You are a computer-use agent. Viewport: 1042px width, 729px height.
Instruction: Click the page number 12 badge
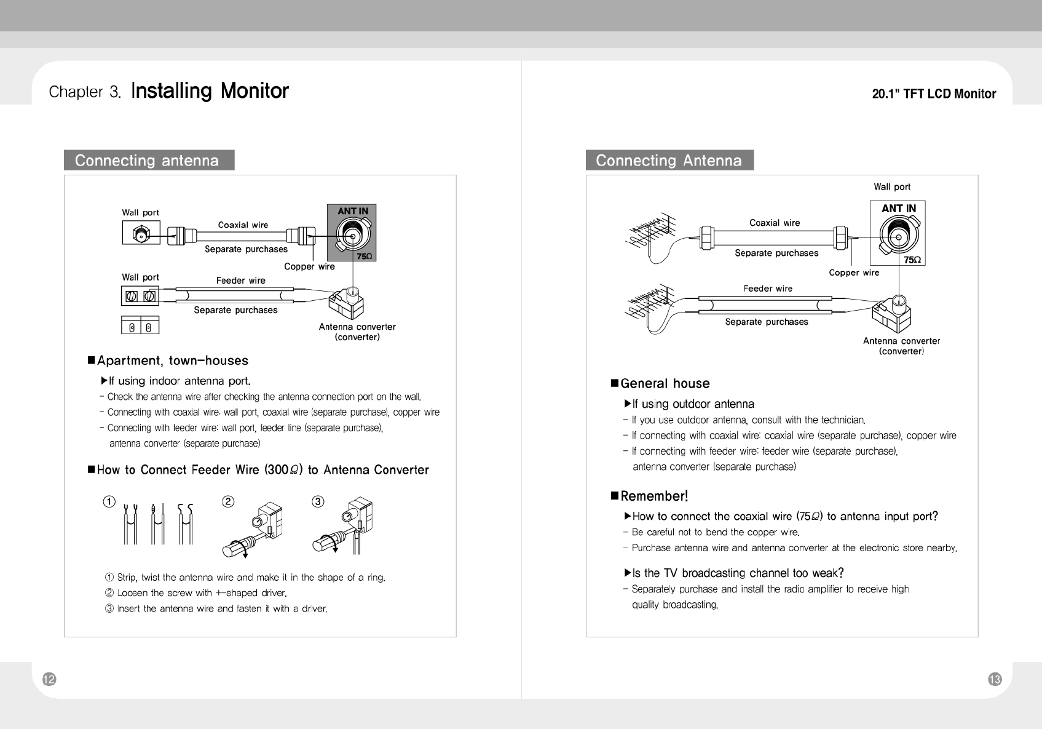[x=49, y=679]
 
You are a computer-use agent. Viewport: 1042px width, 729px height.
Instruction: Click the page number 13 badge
[x=995, y=679]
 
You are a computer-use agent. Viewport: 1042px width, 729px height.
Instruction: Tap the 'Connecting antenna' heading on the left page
[x=148, y=161]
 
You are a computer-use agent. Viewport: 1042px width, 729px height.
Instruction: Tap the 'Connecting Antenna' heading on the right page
[x=669, y=161]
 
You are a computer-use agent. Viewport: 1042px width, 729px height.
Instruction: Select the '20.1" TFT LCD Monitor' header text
[x=934, y=94]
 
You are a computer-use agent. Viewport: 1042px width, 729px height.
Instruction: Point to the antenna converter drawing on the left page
[x=346, y=301]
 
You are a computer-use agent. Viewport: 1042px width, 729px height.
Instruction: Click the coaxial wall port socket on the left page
[x=141, y=234]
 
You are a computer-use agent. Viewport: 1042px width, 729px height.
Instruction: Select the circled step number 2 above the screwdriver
[x=228, y=501]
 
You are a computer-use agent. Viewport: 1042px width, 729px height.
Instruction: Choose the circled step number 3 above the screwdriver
[x=318, y=501]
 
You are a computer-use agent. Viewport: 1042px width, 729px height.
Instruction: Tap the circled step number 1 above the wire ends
[x=109, y=501]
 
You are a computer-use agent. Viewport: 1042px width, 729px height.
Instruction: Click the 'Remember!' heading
[x=654, y=496]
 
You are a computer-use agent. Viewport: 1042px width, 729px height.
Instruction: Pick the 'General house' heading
[x=665, y=384]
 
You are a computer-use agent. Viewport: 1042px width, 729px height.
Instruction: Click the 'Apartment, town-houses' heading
[x=172, y=361]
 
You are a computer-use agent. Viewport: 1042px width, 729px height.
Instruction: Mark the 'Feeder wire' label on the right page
[x=768, y=289]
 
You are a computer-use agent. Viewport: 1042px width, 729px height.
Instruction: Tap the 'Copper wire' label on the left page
[x=309, y=266]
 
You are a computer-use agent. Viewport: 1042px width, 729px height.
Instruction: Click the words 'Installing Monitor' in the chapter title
[x=210, y=91]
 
